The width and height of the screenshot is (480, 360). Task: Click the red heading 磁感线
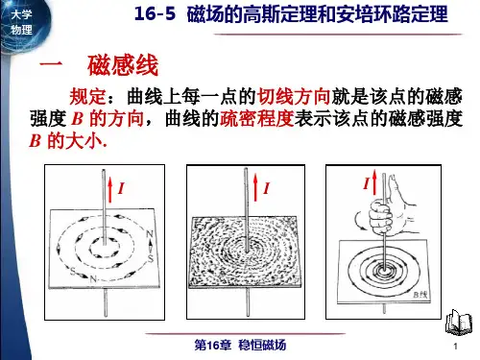(x=123, y=65)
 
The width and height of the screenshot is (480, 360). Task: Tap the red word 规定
(x=87, y=96)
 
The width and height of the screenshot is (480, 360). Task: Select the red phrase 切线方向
(x=294, y=96)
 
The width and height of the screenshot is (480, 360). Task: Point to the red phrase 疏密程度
(x=257, y=119)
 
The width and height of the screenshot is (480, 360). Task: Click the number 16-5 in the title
(x=155, y=14)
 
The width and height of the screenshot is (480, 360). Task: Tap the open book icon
(x=459, y=322)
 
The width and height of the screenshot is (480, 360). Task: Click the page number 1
(x=455, y=346)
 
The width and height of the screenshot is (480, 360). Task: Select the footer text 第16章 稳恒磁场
(x=240, y=345)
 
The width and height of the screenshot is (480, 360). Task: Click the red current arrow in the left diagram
(x=110, y=189)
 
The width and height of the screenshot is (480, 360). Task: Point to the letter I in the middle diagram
(x=267, y=188)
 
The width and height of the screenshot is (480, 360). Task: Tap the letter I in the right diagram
(x=367, y=183)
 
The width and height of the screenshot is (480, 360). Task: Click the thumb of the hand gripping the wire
(x=393, y=188)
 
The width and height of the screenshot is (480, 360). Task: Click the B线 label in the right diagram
(x=420, y=295)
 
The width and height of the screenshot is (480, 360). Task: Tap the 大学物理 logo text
(x=21, y=22)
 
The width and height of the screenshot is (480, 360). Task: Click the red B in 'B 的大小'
(x=35, y=141)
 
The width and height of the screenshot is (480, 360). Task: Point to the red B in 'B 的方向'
(x=77, y=119)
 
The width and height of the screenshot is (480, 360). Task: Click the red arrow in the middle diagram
(x=255, y=187)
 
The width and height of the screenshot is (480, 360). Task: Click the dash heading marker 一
(x=50, y=63)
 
